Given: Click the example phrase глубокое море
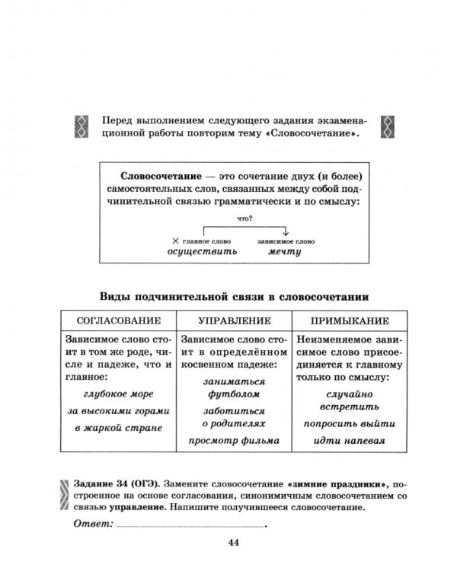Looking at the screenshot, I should click(118, 394).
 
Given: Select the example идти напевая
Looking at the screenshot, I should click(351, 440).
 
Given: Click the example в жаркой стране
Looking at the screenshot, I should click(118, 428).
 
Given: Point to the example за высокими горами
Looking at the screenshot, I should click(118, 411).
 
